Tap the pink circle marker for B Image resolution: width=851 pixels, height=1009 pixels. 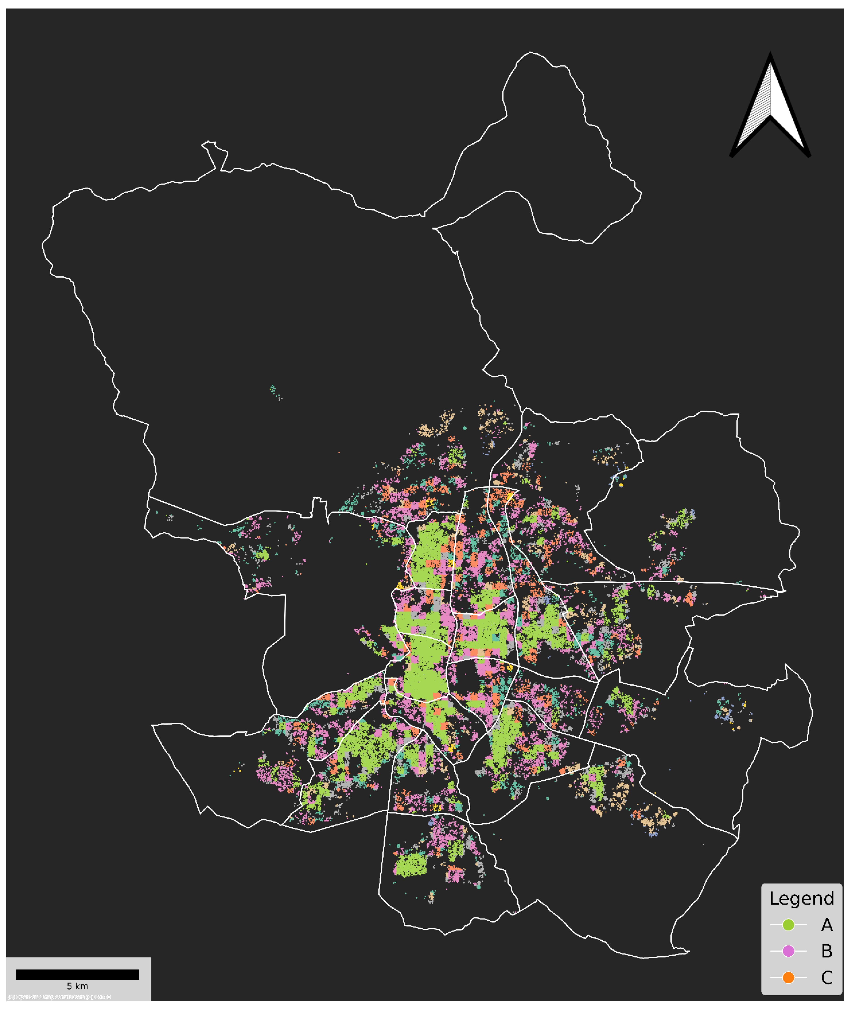tap(788, 951)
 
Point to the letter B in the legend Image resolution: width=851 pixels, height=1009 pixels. tap(827, 951)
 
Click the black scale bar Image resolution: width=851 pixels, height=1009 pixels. tap(77, 974)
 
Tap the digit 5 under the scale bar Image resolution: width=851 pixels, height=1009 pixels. tap(69, 986)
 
